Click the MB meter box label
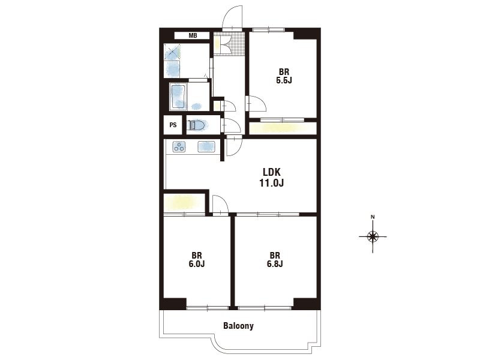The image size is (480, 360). [x=193, y=35]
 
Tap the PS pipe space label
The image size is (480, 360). [x=173, y=125]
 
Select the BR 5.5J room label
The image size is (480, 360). [x=284, y=76]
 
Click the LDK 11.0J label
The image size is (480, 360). [x=272, y=177]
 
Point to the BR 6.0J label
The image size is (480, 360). [x=197, y=260]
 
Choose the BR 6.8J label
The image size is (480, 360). [x=275, y=260]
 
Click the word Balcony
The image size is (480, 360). [x=238, y=325]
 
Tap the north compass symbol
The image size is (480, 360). [x=373, y=236]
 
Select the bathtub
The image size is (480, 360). [x=178, y=97]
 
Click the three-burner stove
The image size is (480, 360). [x=179, y=146]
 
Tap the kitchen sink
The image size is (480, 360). [x=206, y=146]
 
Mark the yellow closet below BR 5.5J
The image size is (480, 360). [x=283, y=128]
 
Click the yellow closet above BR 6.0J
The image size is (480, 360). [x=184, y=203]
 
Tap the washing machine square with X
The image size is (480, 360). [x=173, y=52]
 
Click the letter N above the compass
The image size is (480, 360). [x=373, y=217]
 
